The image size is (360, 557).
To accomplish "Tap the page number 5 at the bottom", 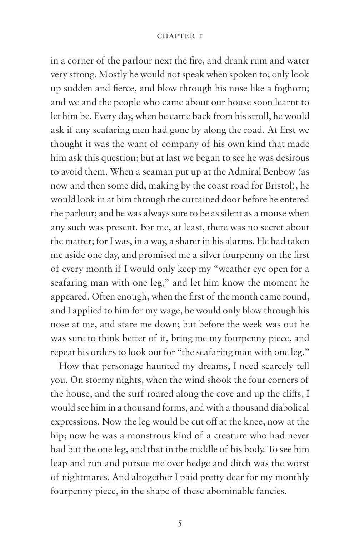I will tap(180, 524).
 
